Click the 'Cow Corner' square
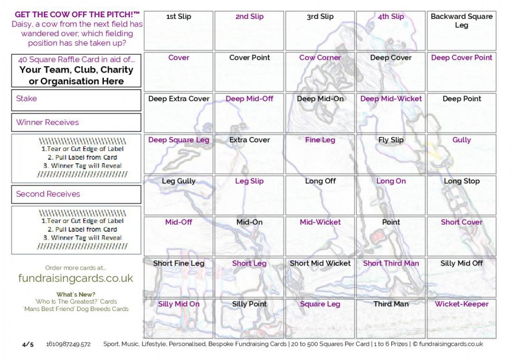coord(320,72)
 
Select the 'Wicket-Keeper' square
coord(461,319)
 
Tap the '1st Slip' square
coord(179,31)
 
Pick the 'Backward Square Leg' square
coord(461,31)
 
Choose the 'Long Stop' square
coord(461,195)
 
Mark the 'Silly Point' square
coord(250,319)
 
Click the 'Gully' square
coord(461,154)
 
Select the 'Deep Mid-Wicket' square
coord(391,113)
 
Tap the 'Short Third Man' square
coord(391,278)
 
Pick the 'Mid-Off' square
coord(179,236)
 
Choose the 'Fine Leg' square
coord(320,154)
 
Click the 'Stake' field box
coord(76,99)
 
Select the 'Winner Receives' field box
coord(76,123)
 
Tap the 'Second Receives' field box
coord(76,194)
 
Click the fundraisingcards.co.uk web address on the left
coord(75,278)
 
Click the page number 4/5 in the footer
coord(28,344)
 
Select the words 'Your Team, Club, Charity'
coord(76,70)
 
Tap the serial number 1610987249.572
coord(68,344)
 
